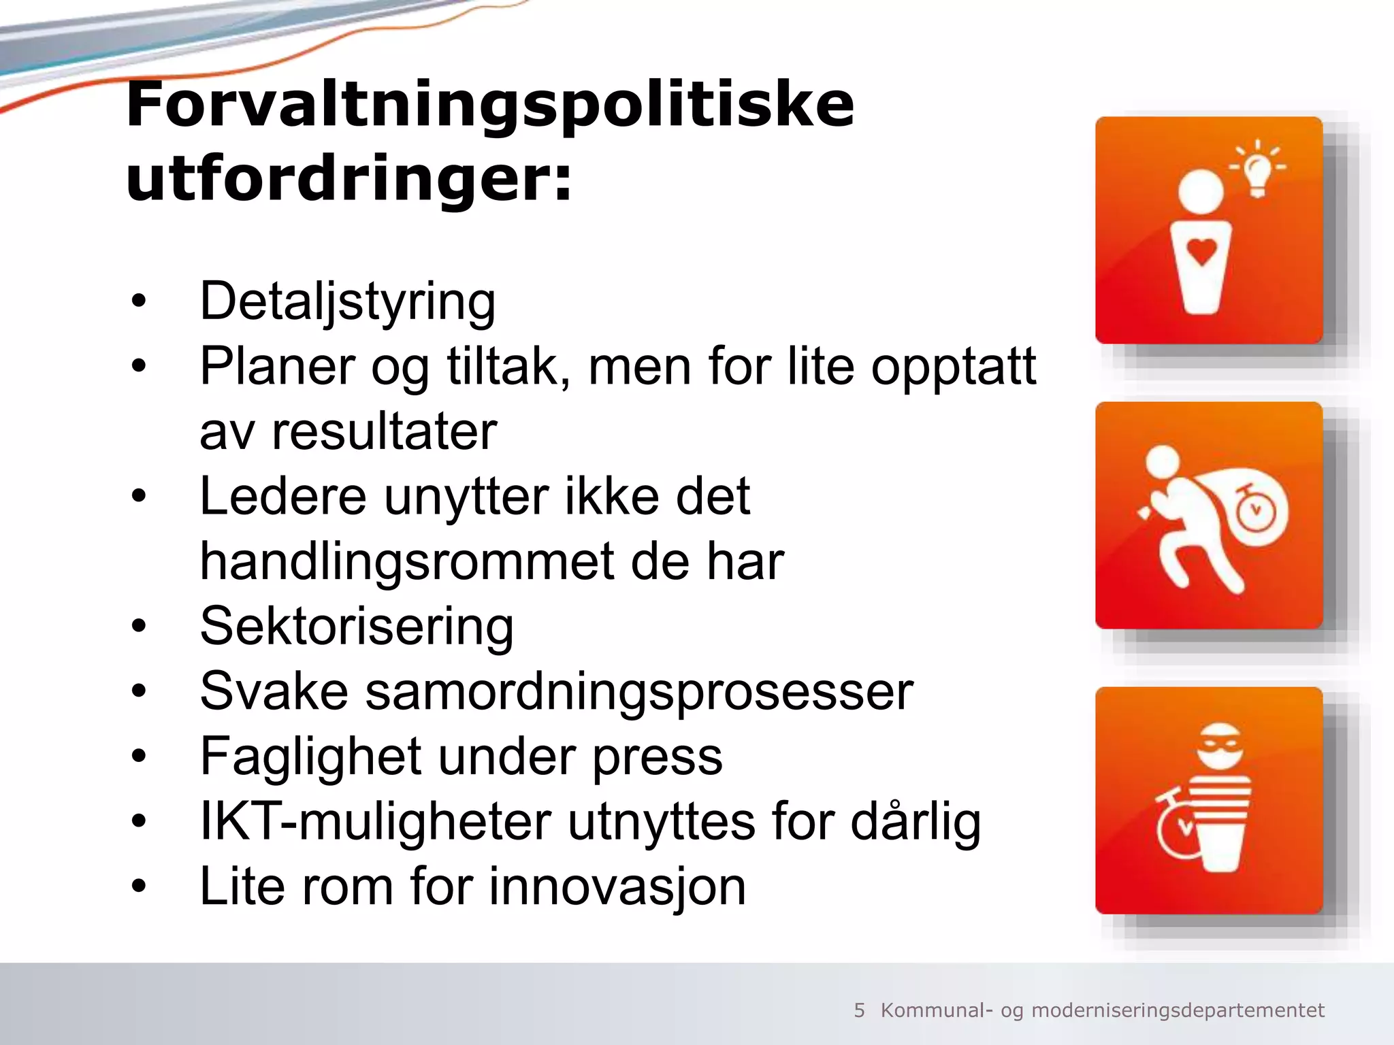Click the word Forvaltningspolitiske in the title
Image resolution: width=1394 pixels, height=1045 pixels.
489,105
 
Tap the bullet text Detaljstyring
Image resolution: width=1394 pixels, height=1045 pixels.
347,301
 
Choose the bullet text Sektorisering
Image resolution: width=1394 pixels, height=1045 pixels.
357,627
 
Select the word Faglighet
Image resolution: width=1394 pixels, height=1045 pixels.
310,757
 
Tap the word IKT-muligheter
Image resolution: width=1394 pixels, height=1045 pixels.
375,822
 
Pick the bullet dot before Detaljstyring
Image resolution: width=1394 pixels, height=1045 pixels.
139,301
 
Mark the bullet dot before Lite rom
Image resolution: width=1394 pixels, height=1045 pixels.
139,886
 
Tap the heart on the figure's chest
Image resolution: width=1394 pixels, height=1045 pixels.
1202,252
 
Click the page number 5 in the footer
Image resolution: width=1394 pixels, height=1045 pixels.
859,1010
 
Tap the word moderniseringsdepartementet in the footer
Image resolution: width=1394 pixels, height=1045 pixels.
1178,1010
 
